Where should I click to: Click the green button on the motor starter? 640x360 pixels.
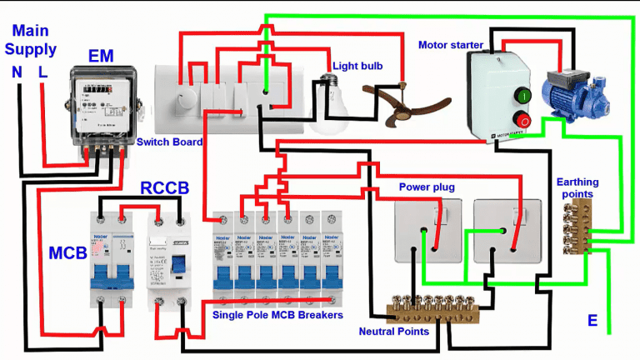pyautogui.click(x=522, y=95)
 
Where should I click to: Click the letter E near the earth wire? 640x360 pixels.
pyautogui.click(x=592, y=321)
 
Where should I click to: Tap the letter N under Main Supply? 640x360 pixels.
pyautogui.click(x=17, y=72)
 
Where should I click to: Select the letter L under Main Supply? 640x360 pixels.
pyautogui.click(x=42, y=72)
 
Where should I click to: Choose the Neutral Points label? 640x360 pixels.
pyautogui.click(x=394, y=331)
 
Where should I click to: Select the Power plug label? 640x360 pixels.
pyautogui.click(x=427, y=187)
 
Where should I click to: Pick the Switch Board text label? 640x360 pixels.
pyautogui.click(x=170, y=142)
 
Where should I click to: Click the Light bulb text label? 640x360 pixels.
pyautogui.click(x=357, y=64)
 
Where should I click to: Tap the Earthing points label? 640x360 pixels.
pyautogui.click(x=577, y=187)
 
